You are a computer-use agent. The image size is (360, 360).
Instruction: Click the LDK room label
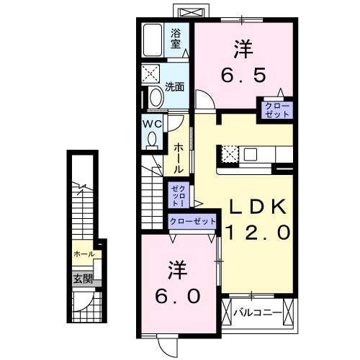(258, 207)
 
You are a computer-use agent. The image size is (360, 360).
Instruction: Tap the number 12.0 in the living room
(258, 233)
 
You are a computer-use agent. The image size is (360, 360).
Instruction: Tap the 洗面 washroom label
(174, 87)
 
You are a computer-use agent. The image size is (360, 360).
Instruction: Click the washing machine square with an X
(153, 74)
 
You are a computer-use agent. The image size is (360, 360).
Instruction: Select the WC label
(152, 123)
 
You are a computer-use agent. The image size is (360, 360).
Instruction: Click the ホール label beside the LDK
(178, 158)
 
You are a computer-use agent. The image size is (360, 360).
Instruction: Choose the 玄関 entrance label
(81, 279)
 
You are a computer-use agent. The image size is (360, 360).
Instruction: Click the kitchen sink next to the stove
(251, 154)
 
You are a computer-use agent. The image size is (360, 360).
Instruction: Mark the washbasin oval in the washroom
(155, 99)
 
